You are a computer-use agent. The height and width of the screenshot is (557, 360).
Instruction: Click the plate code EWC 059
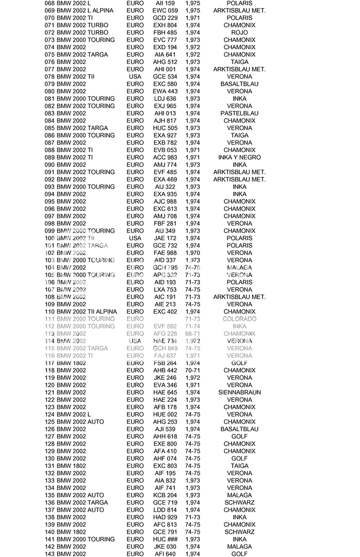pyautogui.click(x=165, y=10)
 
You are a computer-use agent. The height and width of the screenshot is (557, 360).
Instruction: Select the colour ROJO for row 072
pyautogui.click(x=239, y=32)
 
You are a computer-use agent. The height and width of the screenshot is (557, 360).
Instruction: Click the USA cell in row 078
pyautogui.click(x=135, y=76)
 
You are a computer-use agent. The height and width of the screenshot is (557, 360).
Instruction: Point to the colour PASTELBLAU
pyautogui.click(x=239, y=113)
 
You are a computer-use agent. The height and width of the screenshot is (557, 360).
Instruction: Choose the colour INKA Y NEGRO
pyautogui.click(x=239, y=157)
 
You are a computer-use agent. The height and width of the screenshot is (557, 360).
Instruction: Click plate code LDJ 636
pyautogui.click(x=165, y=99)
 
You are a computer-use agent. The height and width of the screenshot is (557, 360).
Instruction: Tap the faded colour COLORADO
pyautogui.click(x=239, y=319)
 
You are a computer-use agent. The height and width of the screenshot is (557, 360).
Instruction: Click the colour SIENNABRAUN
pyautogui.click(x=239, y=392)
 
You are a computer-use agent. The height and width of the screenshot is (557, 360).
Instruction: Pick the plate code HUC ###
pyautogui.click(x=165, y=539)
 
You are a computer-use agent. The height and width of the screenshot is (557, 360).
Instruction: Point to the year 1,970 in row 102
pyautogui.click(x=192, y=253)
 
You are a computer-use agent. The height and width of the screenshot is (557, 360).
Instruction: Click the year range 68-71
pyautogui.click(x=192, y=334)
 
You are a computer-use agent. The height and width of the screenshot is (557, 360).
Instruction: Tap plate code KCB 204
pyautogui.click(x=165, y=495)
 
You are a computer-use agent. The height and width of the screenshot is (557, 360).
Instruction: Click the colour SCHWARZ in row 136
pyautogui.click(x=239, y=502)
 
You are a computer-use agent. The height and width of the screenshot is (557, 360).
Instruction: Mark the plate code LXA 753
pyautogui.click(x=165, y=289)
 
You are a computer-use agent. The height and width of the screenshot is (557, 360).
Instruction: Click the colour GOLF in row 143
pyautogui.click(x=239, y=554)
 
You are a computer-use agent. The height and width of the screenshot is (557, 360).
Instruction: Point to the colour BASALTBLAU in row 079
pyautogui.click(x=239, y=84)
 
